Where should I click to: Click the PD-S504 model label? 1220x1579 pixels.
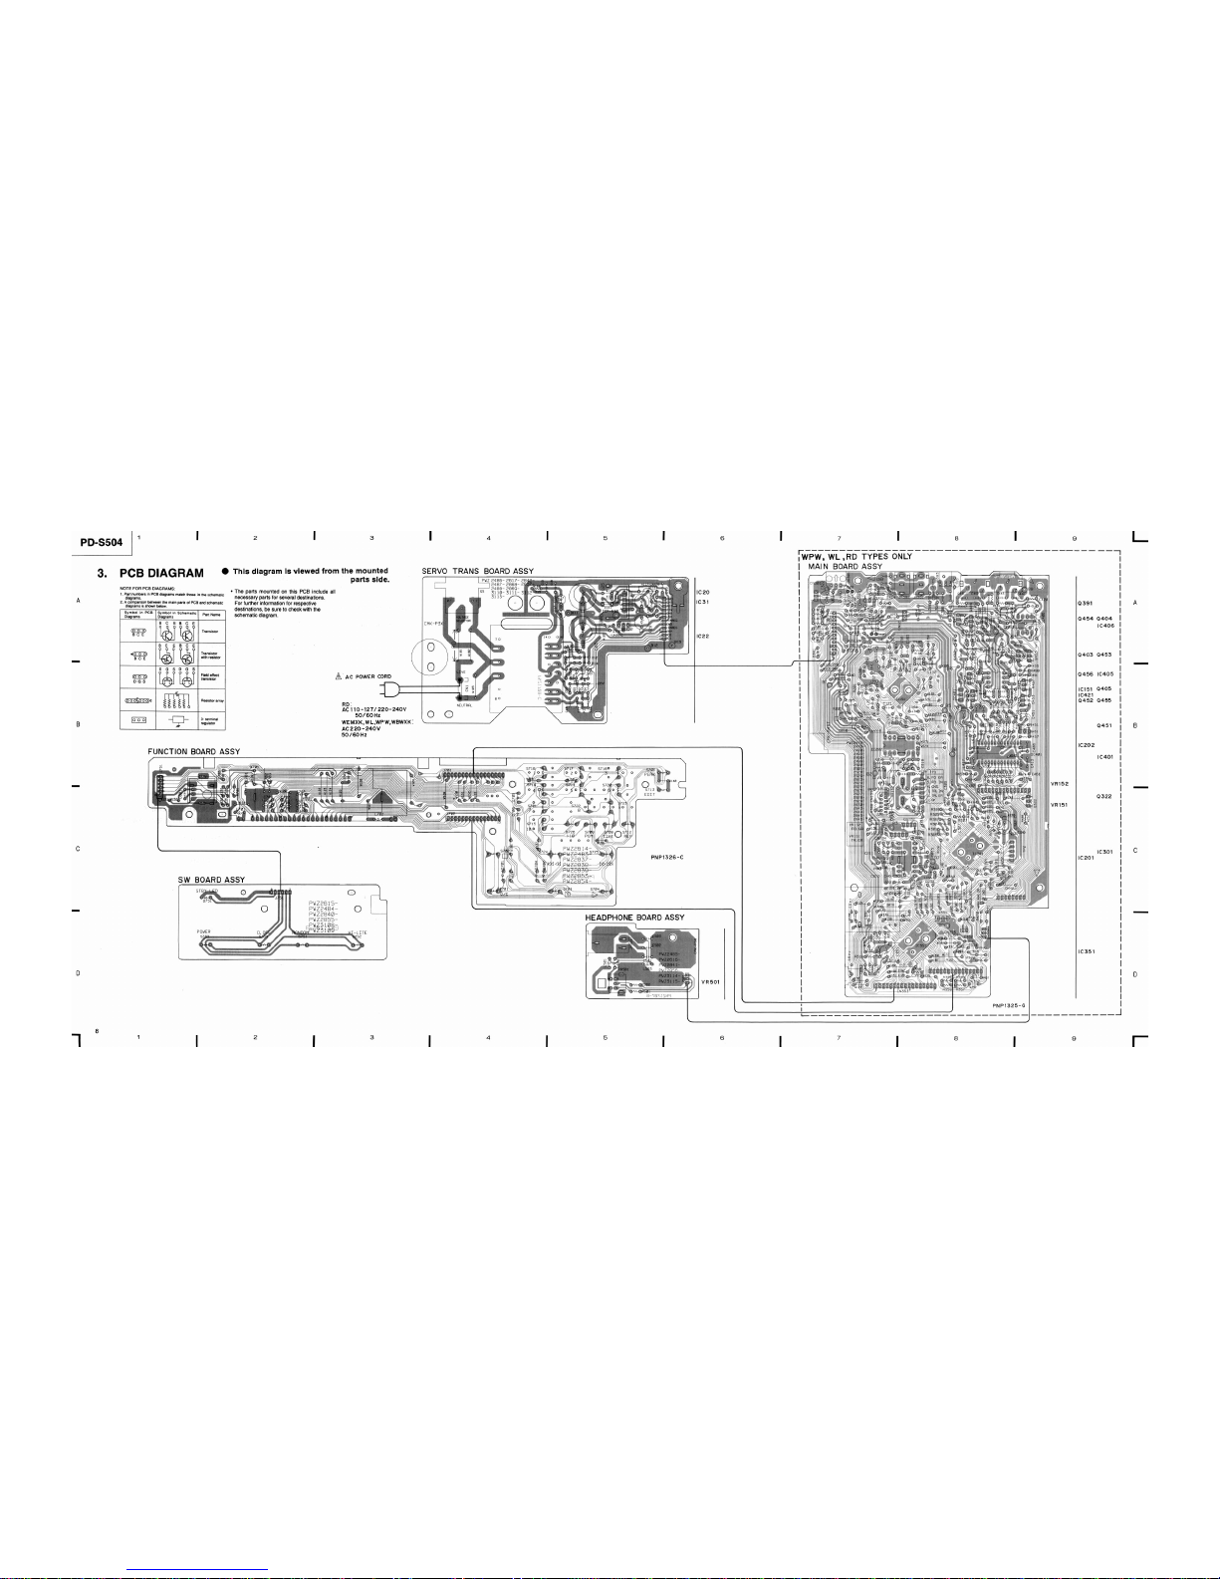pyautogui.click(x=102, y=543)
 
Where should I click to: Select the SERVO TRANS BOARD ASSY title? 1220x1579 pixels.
pyautogui.click(x=477, y=572)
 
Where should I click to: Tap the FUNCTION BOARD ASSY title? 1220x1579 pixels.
pyautogui.click(x=193, y=751)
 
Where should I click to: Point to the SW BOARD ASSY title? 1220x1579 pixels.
pyautogui.click(x=211, y=880)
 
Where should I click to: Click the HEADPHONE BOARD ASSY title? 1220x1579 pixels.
pyautogui.click(x=634, y=918)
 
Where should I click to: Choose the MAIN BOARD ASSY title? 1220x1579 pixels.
pyautogui.click(x=845, y=567)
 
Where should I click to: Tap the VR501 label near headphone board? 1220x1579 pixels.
pyautogui.click(x=710, y=981)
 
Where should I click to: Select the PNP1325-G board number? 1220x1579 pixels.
pyautogui.click(x=1009, y=1005)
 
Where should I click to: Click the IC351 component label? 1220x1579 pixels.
pyautogui.click(x=1087, y=951)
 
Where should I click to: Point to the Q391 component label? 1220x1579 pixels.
pyautogui.click(x=1086, y=604)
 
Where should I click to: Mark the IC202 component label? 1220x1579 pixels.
pyautogui.click(x=1087, y=745)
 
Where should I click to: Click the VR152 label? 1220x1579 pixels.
pyautogui.click(x=1059, y=784)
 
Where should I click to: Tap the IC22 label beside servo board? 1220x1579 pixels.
pyautogui.click(x=702, y=636)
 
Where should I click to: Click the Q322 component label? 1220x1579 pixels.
pyautogui.click(x=1103, y=796)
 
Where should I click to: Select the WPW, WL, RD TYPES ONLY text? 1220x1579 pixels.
pyautogui.click(x=856, y=556)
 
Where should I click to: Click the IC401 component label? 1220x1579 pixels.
pyautogui.click(x=1103, y=757)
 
